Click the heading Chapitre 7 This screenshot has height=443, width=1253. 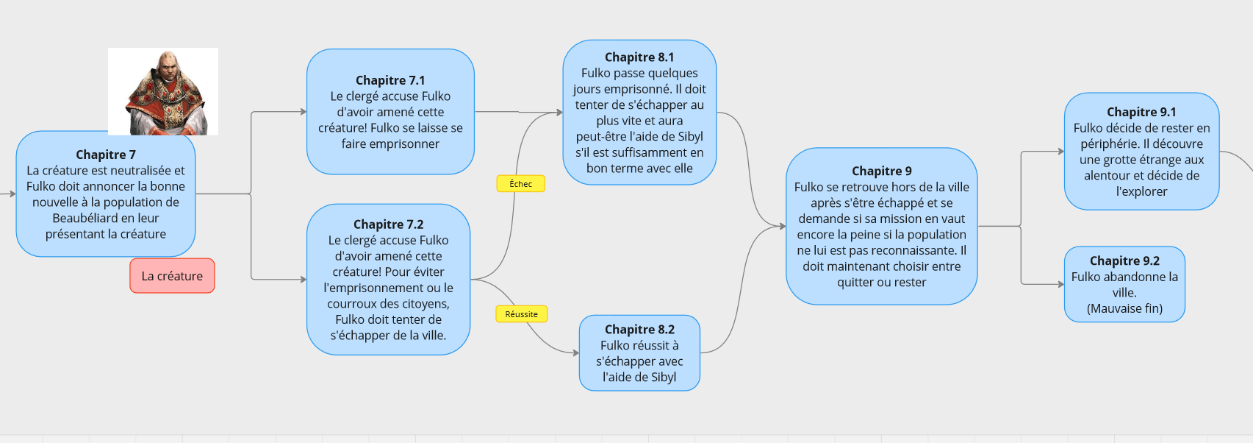pyautogui.click(x=106, y=155)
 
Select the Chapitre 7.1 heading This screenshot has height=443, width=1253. pyautogui.click(x=390, y=80)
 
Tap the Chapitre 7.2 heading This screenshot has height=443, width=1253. pyautogui.click(x=388, y=224)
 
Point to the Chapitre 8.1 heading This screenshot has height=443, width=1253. pyautogui.click(x=639, y=57)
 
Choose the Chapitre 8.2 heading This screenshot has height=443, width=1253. pyautogui.click(x=639, y=330)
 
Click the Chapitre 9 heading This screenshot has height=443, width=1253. pyautogui.click(x=881, y=171)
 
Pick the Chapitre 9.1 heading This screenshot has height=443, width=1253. pyautogui.click(x=1141, y=112)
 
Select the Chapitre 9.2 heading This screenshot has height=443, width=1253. pyautogui.click(x=1124, y=261)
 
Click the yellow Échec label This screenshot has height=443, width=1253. pyautogui.click(x=520, y=184)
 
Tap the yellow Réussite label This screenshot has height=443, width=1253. pyautogui.click(x=521, y=314)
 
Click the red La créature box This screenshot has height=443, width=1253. pyautogui.click(x=172, y=276)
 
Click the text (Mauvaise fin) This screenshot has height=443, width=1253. pyautogui.click(x=1124, y=309)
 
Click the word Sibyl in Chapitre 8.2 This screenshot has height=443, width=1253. pyautogui.click(x=663, y=378)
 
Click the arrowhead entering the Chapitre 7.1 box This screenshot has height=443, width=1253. pyautogui.click(x=303, y=112)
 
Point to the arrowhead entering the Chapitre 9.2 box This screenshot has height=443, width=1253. pyautogui.click(x=1060, y=284)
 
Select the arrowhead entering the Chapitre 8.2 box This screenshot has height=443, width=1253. pyautogui.click(x=575, y=352)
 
